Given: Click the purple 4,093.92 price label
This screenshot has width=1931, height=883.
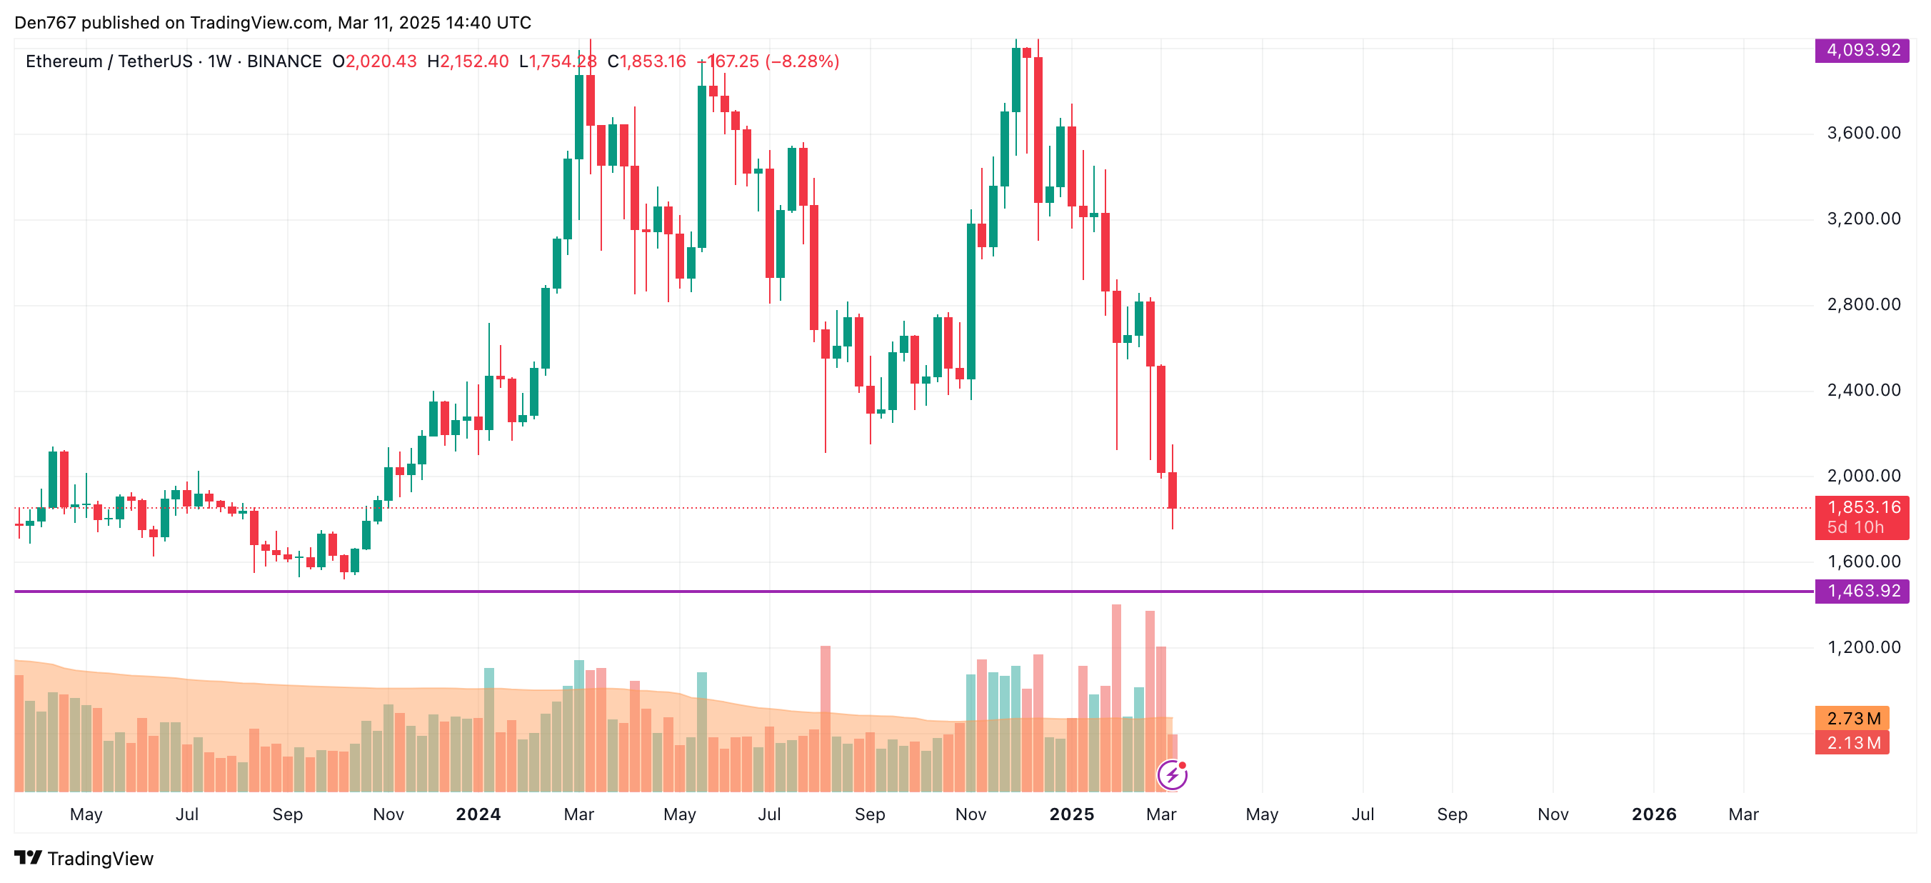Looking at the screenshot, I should coord(1862,50).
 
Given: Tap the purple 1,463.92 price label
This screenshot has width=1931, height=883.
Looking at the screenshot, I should coord(1862,592).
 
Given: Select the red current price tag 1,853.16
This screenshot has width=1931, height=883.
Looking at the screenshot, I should coord(1862,508).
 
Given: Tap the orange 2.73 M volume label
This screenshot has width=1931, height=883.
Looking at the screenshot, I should coord(1852,719).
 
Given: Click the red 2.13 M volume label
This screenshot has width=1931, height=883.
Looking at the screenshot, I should coord(1852,743).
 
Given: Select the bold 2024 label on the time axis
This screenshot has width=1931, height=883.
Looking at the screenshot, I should coord(478,814).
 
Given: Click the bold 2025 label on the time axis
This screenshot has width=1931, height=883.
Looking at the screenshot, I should coord(1071,814).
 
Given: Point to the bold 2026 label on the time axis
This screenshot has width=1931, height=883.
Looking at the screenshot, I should coord(1654,814).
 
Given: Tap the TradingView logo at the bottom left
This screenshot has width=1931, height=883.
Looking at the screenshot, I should coord(84,858).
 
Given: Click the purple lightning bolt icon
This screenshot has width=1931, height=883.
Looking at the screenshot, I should coord(1172,775).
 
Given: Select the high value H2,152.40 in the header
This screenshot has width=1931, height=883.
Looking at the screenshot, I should coord(468,61).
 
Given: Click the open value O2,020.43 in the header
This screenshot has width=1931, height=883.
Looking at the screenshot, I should coord(375,61).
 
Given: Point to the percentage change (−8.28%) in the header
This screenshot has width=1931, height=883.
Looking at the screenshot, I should coord(801,61).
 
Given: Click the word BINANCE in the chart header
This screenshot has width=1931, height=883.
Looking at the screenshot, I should coord(284,61).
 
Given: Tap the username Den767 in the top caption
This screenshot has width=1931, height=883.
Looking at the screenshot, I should coord(45,23).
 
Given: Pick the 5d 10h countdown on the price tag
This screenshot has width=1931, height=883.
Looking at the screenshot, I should coord(1855,527).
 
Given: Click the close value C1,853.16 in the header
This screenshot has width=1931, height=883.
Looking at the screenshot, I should coord(646,61).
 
